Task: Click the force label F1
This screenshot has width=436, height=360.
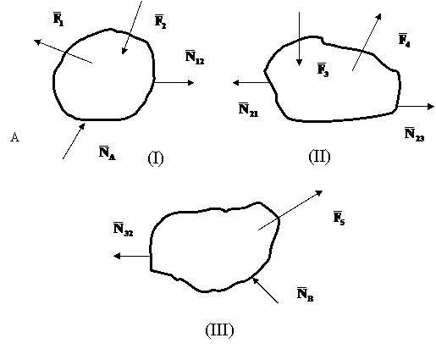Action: (58, 19)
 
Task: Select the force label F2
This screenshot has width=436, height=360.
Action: (160, 21)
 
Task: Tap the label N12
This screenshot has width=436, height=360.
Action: (195, 57)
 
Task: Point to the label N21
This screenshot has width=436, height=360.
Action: (248, 110)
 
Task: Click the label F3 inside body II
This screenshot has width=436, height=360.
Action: (323, 69)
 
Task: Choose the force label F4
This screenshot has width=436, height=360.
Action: (404, 41)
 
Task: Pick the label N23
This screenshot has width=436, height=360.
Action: (414, 134)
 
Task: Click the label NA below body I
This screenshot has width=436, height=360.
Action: (108, 152)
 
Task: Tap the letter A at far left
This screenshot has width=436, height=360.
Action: (14, 137)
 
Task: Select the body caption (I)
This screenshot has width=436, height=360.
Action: (156, 158)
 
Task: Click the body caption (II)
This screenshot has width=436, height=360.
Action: (319, 157)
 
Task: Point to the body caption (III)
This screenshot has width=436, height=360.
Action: (219, 330)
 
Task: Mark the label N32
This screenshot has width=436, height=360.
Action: (123, 230)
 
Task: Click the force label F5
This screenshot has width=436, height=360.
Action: (339, 218)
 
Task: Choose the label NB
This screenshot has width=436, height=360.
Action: (305, 295)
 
